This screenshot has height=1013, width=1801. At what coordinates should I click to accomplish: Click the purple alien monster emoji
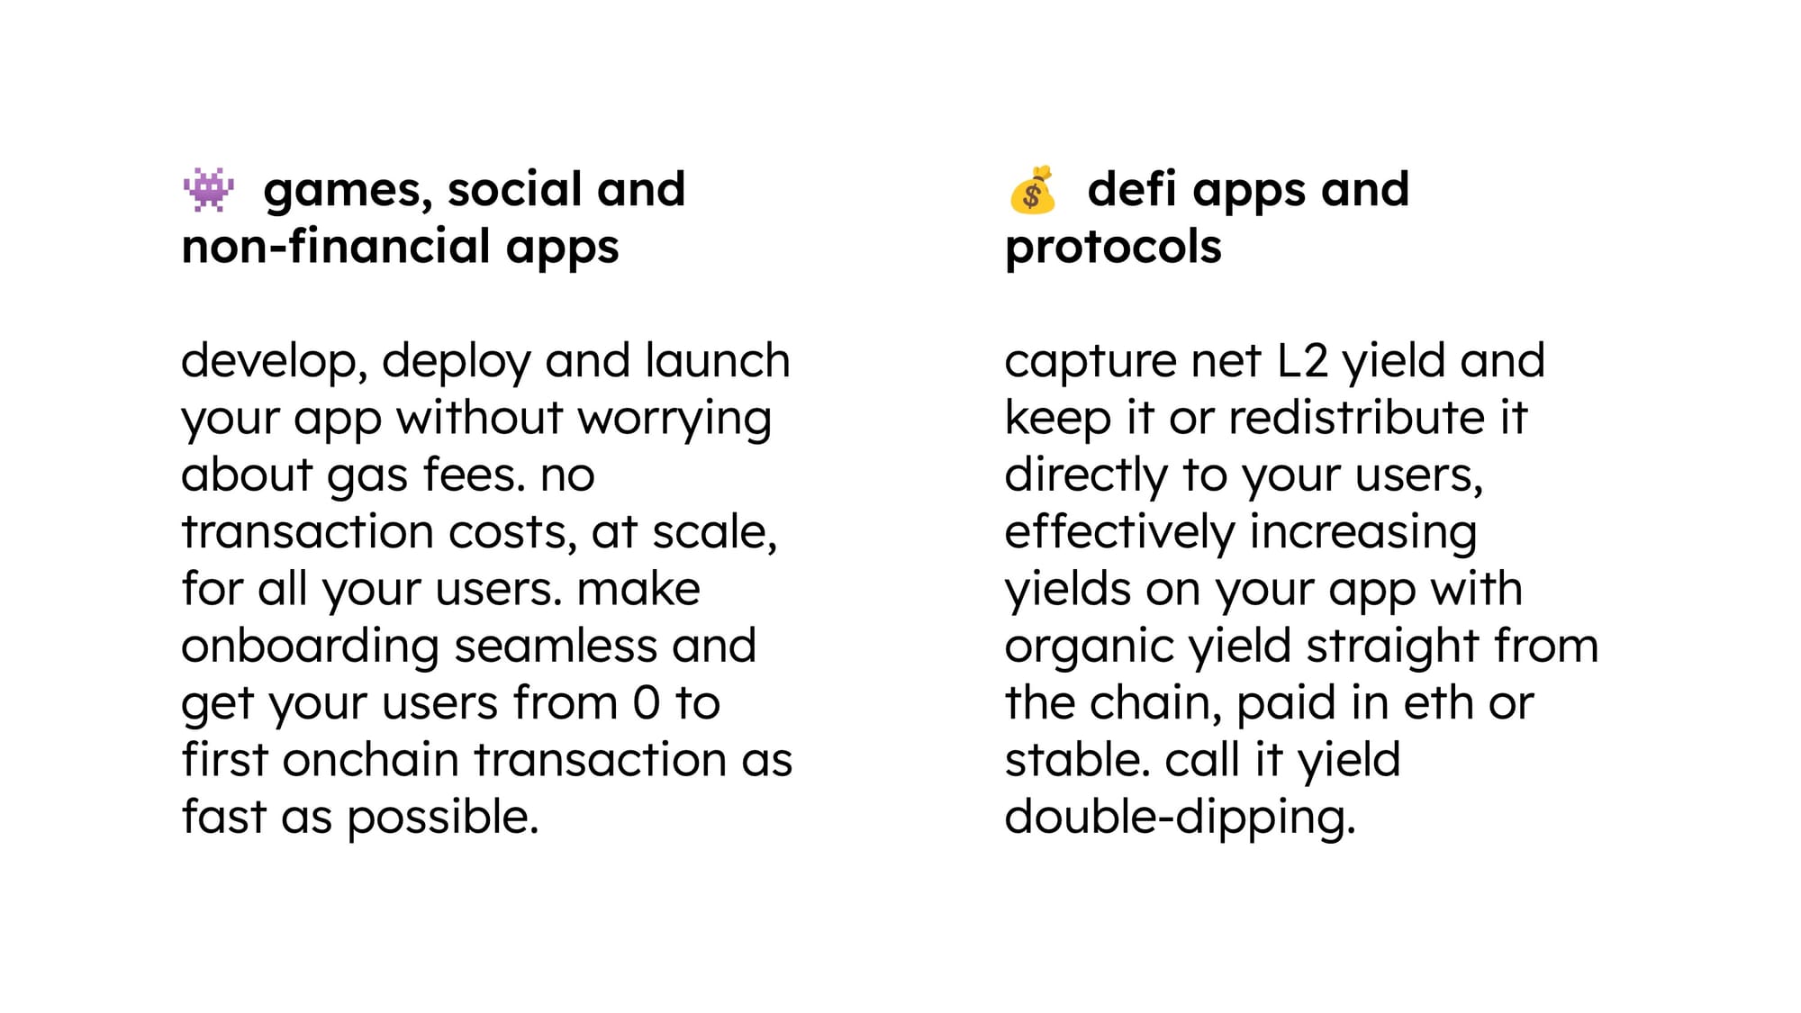tap(208, 189)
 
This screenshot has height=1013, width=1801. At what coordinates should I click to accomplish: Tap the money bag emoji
tap(1032, 190)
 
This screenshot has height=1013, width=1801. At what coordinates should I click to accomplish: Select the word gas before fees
tap(367, 478)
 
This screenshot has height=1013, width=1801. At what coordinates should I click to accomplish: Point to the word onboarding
tap(311, 648)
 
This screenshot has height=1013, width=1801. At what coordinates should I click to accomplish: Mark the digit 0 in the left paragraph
tap(647, 702)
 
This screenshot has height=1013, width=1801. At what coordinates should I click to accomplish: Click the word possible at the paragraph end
tap(443, 819)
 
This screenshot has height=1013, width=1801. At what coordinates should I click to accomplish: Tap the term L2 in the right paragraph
tap(1302, 360)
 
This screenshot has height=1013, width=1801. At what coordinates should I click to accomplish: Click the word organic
tap(1090, 648)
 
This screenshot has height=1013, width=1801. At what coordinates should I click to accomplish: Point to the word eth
tap(1438, 702)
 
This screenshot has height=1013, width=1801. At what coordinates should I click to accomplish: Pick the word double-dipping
tap(1180, 819)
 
